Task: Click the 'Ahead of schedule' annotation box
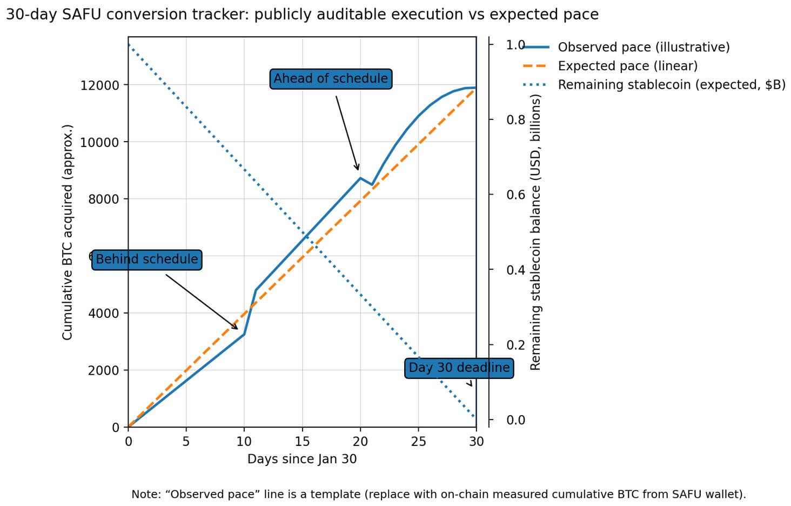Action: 331,78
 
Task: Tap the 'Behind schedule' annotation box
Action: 147,259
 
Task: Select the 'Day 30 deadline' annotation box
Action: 459,368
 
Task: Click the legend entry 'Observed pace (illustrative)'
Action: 643,48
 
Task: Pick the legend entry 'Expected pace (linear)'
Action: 627,66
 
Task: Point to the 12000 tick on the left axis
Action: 99,85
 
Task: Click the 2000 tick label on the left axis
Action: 103,370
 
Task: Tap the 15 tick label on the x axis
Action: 302,442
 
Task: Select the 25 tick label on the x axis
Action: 418,442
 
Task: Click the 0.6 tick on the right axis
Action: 515,195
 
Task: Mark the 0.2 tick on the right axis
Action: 515,345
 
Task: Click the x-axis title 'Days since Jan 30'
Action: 302,459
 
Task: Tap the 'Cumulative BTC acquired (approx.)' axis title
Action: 67,232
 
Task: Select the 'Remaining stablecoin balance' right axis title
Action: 535,232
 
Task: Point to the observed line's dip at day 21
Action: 372,185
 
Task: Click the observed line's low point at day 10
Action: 244,334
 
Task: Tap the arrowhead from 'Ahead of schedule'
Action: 358,169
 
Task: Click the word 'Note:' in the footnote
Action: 146,494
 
